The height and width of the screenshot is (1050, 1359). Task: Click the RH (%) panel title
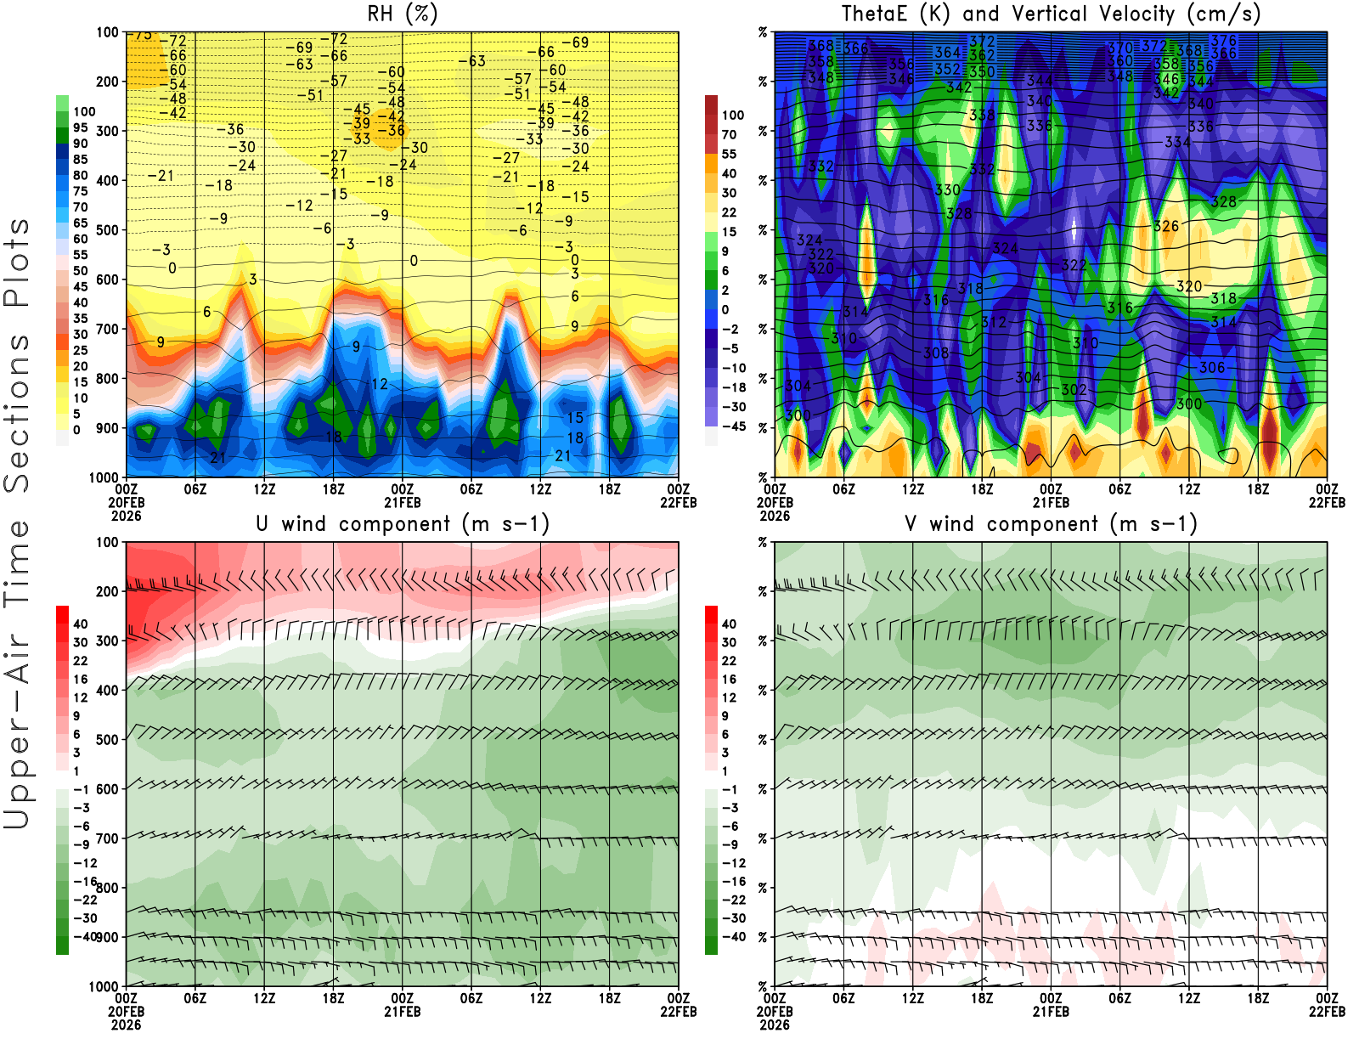pos(402,14)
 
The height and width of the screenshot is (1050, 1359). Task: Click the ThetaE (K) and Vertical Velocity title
pos(1051,14)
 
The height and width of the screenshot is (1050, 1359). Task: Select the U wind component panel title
pos(403,523)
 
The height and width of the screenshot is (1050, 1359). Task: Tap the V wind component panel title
pos(1051,523)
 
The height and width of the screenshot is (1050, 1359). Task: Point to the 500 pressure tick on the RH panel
pos(107,230)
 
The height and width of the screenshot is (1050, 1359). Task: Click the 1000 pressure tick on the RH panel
pos(104,477)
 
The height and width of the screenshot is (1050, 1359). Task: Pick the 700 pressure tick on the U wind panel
pos(107,838)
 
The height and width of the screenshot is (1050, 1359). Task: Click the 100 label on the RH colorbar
pos(84,111)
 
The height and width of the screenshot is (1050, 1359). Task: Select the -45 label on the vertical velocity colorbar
pos(732,426)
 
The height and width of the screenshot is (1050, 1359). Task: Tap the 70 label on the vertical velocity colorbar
pos(729,134)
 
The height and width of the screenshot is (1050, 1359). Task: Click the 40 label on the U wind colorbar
pos(81,624)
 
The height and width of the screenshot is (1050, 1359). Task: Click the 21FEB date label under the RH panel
pos(403,502)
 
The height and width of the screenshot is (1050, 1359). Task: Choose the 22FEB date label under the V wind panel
pos(1327,1012)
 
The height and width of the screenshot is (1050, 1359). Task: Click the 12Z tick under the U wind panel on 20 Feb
pos(264,998)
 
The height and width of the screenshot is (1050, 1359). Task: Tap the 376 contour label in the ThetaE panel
pos(1224,41)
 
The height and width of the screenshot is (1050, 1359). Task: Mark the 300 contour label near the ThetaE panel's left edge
pos(798,415)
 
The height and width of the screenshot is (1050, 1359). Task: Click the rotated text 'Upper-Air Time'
pos(17,675)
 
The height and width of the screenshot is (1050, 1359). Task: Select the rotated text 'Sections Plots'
pos(17,355)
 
